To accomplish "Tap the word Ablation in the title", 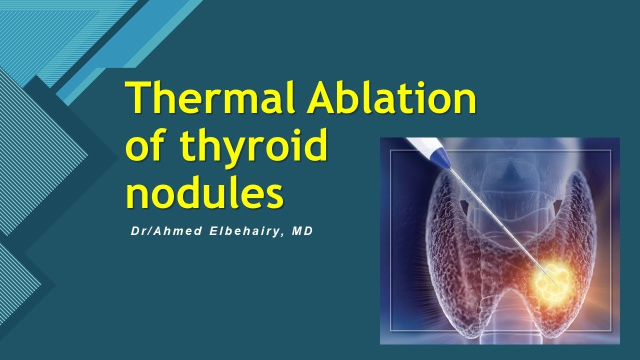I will [391, 98].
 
